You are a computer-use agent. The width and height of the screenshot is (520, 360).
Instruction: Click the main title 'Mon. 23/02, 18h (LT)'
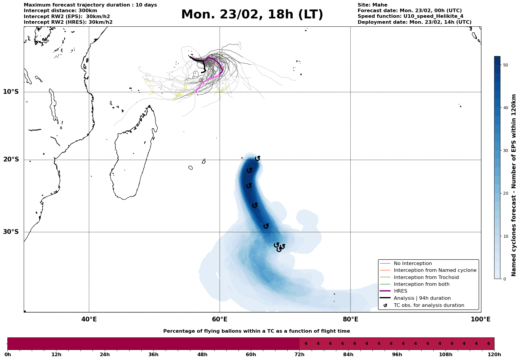click(x=252, y=15)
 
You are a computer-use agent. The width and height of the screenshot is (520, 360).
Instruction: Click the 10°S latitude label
click(x=11, y=92)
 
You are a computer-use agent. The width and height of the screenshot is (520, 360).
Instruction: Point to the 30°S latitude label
click(x=11, y=232)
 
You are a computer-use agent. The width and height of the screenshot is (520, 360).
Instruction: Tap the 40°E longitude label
click(x=89, y=319)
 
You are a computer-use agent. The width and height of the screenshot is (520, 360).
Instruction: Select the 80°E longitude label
click(x=351, y=319)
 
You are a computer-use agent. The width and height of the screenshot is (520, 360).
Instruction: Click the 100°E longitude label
click(x=481, y=319)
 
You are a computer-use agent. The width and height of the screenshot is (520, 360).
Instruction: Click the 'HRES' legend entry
click(x=400, y=291)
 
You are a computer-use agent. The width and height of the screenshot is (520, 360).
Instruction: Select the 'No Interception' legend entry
click(x=413, y=264)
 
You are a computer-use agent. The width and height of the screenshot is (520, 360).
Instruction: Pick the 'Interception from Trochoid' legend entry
click(x=426, y=277)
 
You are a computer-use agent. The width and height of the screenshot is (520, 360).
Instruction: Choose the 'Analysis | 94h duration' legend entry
click(x=422, y=298)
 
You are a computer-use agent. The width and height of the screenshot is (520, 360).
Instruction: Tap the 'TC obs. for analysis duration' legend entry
click(x=429, y=305)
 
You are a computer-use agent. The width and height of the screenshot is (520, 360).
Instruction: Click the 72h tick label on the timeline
click(x=299, y=355)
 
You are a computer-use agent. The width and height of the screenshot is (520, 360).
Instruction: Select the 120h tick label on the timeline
click(x=494, y=355)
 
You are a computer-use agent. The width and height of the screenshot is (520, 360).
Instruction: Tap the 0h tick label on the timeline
click(x=8, y=355)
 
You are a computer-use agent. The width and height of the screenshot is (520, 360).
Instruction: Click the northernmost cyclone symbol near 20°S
click(x=258, y=158)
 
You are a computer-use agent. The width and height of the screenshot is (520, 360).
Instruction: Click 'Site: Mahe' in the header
click(x=372, y=5)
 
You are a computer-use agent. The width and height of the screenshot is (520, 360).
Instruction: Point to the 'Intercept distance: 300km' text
click(x=60, y=11)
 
